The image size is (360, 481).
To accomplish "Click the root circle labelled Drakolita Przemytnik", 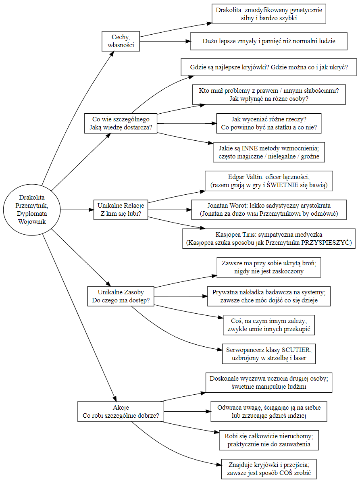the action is click(x=32, y=210).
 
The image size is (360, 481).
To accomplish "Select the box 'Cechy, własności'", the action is click(x=121, y=41).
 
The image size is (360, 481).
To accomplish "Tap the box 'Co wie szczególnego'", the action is click(x=121, y=123).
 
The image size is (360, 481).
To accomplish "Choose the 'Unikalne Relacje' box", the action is click(x=121, y=210).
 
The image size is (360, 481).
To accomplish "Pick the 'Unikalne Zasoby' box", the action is click(x=121, y=296).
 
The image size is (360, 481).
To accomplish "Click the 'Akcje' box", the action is click(x=121, y=412).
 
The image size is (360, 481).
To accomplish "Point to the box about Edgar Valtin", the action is click(x=269, y=181).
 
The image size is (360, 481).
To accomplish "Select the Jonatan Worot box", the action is click(x=269, y=210).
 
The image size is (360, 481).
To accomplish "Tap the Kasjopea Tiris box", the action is click(x=269, y=239).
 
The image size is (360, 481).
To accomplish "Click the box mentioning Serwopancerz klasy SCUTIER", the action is click(x=269, y=354).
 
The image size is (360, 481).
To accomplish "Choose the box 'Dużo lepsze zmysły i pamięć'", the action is click(x=269, y=41).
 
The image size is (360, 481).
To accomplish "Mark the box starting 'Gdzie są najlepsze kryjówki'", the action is click(x=269, y=67).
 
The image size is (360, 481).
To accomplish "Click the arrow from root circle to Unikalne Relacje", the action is click(x=77, y=210).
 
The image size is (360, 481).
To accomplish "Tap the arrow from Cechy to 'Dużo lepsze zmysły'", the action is click(x=165, y=41).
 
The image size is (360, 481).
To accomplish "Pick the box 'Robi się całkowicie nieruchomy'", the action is click(x=269, y=441).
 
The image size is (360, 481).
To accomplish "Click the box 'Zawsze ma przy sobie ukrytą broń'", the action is click(x=269, y=267).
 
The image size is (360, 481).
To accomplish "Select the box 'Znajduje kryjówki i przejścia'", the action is click(x=269, y=469).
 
